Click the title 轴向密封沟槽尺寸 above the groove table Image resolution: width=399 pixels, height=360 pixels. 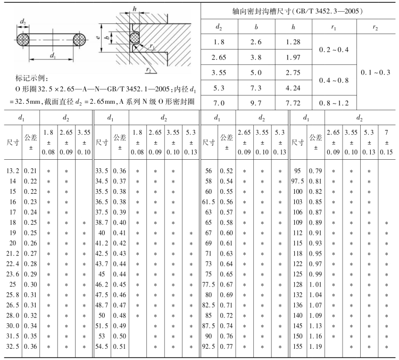[300, 11]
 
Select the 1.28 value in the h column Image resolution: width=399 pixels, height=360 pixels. [293, 42]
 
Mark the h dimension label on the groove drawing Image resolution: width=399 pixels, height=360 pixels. [135, 9]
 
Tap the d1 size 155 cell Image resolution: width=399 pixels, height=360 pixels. [298, 347]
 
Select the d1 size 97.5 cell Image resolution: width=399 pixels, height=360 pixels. [297, 181]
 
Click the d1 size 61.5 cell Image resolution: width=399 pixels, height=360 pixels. [209, 201]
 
